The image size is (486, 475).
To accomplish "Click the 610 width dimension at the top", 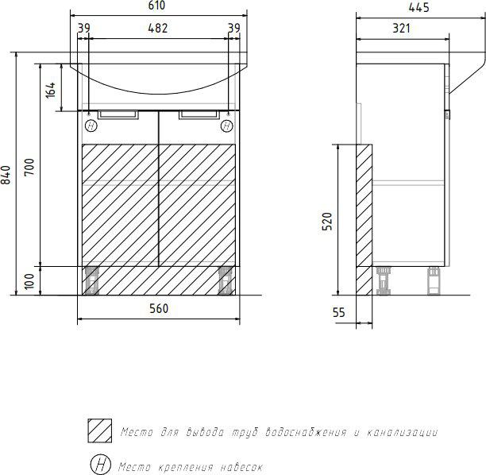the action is tap(156, 6).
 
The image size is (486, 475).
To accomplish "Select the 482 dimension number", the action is tap(158, 29).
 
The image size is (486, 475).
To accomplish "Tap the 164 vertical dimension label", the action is tap(51, 90).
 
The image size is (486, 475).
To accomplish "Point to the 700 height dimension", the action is tap(29, 167).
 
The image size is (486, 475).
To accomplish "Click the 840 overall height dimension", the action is tap(6, 175).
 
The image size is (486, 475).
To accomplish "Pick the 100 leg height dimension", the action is tap(29, 281).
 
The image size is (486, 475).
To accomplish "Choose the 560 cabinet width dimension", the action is tap(159, 308).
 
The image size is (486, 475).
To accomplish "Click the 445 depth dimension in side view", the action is tap(418, 7).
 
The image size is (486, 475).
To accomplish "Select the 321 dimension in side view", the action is tap(401, 29).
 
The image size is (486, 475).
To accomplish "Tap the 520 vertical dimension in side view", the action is tap(327, 222).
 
